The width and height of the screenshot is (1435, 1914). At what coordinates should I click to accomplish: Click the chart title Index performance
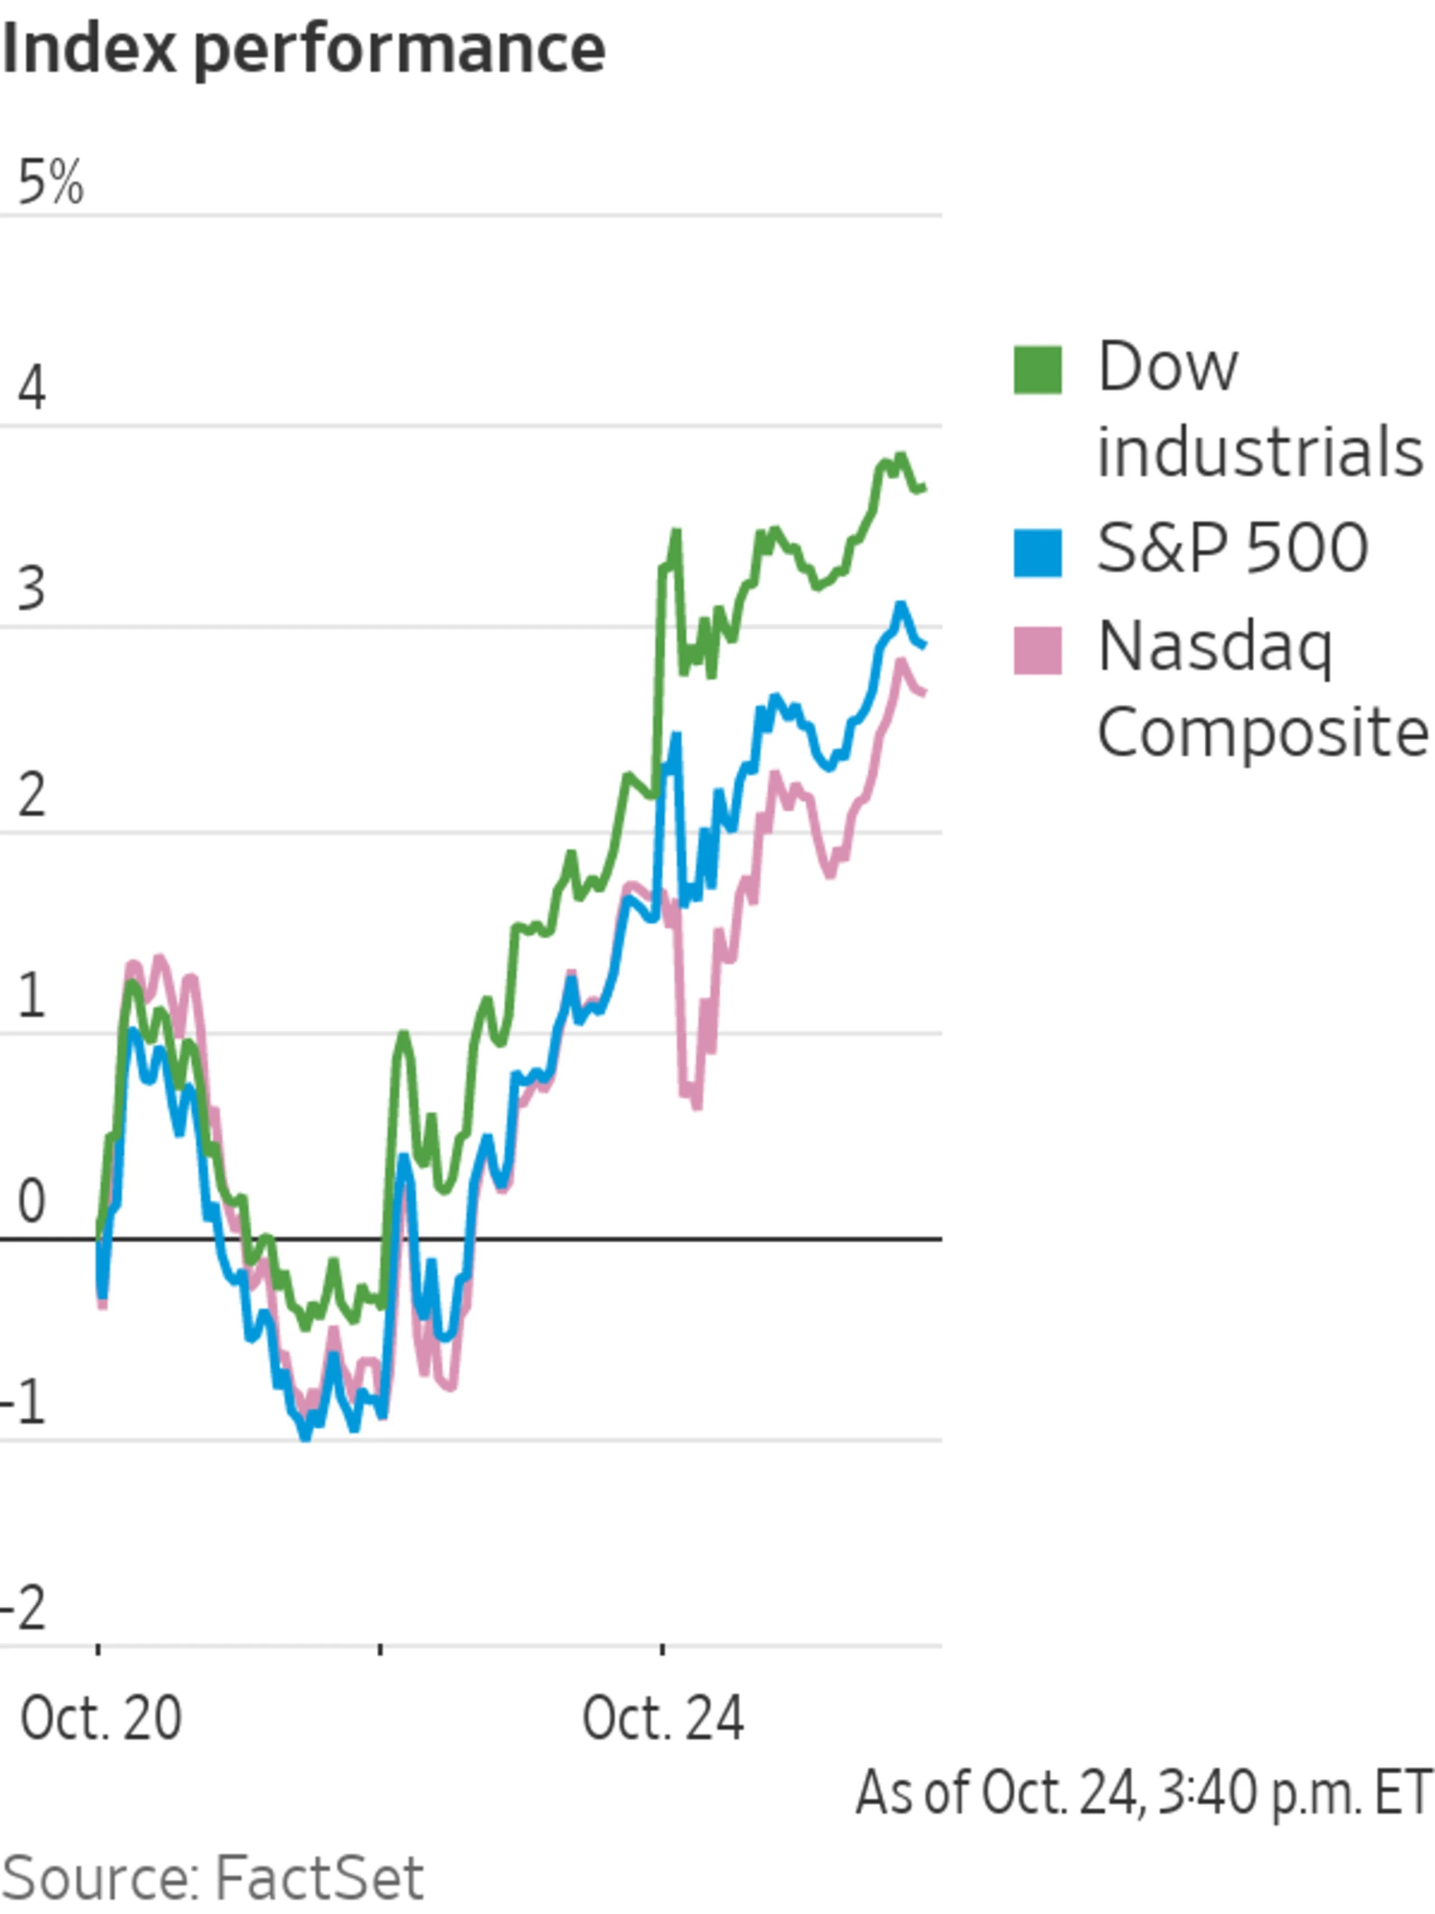[303, 50]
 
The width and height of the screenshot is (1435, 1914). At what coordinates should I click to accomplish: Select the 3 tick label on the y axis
[31, 589]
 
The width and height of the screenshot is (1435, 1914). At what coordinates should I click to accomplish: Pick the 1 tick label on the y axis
[31, 996]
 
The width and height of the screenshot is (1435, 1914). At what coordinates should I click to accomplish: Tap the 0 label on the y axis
[31, 1202]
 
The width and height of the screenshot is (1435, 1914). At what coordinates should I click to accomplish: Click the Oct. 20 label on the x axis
[101, 1718]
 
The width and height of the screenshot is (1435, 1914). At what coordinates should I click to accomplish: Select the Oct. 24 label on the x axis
[663, 1718]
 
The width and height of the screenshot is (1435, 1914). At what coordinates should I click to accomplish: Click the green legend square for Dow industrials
[1037, 370]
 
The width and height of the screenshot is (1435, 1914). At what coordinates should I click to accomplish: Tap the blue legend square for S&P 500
[1037, 552]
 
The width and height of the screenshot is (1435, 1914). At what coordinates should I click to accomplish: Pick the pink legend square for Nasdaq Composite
[1037, 650]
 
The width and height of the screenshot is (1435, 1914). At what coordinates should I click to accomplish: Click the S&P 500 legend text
[1232, 548]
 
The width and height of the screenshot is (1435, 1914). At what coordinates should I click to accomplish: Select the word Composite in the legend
[1262, 732]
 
